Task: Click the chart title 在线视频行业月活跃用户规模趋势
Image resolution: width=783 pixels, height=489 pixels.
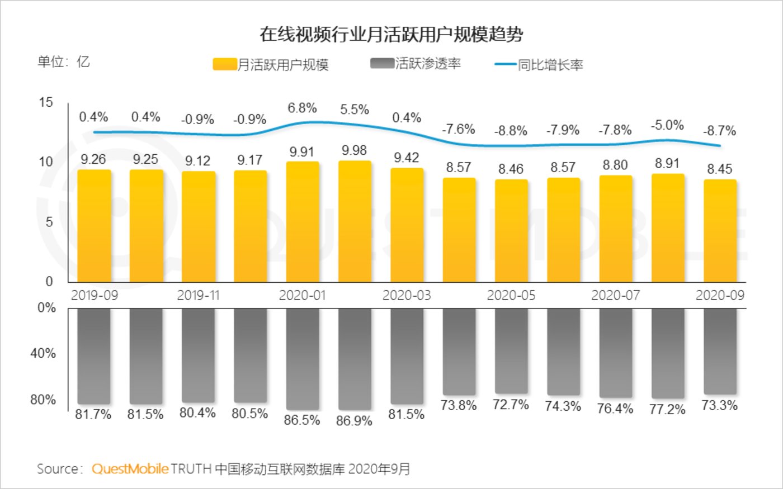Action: (x=391, y=34)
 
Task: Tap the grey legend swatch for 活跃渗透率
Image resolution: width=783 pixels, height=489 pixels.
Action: (x=382, y=63)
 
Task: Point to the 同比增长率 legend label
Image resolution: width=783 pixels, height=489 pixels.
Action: (x=550, y=65)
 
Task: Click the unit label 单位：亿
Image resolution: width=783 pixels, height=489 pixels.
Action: (x=63, y=61)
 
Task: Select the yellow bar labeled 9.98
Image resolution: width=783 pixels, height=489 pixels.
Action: (x=355, y=221)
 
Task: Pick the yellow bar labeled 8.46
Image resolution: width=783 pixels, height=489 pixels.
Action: (x=511, y=230)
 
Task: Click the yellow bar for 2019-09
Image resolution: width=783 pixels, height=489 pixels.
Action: (x=93, y=225)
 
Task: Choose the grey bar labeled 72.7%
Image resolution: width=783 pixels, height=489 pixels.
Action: (x=511, y=350)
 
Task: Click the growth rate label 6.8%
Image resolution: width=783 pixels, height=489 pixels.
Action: (x=302, y=108)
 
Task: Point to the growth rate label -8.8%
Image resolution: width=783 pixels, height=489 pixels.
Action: (x=511, y=131)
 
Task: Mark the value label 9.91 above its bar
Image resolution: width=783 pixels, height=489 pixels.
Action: (x=302, y=151)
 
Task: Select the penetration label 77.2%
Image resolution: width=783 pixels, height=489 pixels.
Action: (x=667, y=410)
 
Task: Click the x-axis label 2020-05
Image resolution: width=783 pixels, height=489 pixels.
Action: (x=511, y=295)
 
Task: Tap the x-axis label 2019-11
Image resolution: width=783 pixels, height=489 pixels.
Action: (x=198, y=295)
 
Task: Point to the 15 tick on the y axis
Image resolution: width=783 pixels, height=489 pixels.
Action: (x=46, y=102)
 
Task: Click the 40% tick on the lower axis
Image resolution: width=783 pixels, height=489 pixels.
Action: (x=43, y=354)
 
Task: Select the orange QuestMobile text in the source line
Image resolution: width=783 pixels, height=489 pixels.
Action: (x=130, y=468)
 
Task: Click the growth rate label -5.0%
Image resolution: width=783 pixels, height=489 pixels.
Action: (x=667, y=125)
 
